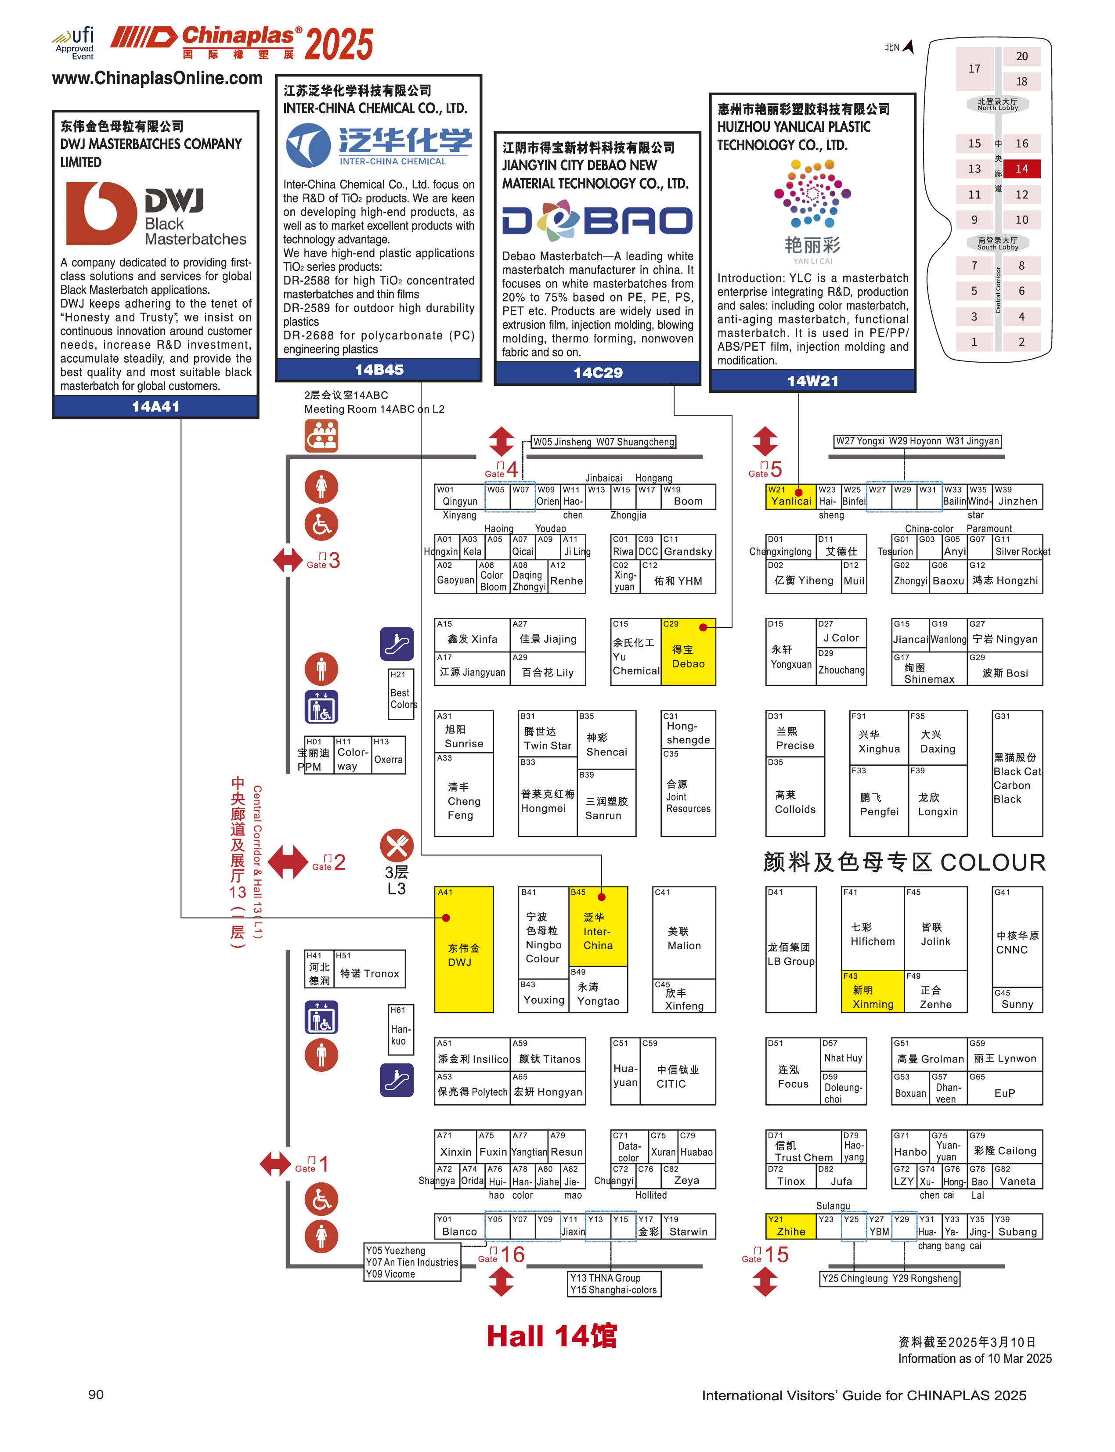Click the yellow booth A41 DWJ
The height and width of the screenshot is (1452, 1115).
(463, 949)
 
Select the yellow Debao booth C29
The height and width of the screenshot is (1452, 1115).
(688, 652)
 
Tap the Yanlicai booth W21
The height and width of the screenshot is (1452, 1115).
(790, 497)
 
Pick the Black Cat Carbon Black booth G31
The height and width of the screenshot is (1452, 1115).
(1017, 773)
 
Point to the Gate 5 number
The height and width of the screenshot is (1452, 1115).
(776, 469)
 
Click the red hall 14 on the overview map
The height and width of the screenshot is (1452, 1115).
(1021, 169)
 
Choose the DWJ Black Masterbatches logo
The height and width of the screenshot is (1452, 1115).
(155, 214)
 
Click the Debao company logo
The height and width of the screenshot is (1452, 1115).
(597, 221)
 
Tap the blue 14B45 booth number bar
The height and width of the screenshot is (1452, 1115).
(378, 370)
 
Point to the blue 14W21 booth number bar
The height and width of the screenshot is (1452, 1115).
(812, 380)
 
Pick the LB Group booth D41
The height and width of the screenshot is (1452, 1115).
(790, 949)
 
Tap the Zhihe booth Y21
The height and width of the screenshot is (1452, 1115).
(790, 1226)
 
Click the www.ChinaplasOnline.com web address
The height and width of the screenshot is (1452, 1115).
(157, 78)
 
